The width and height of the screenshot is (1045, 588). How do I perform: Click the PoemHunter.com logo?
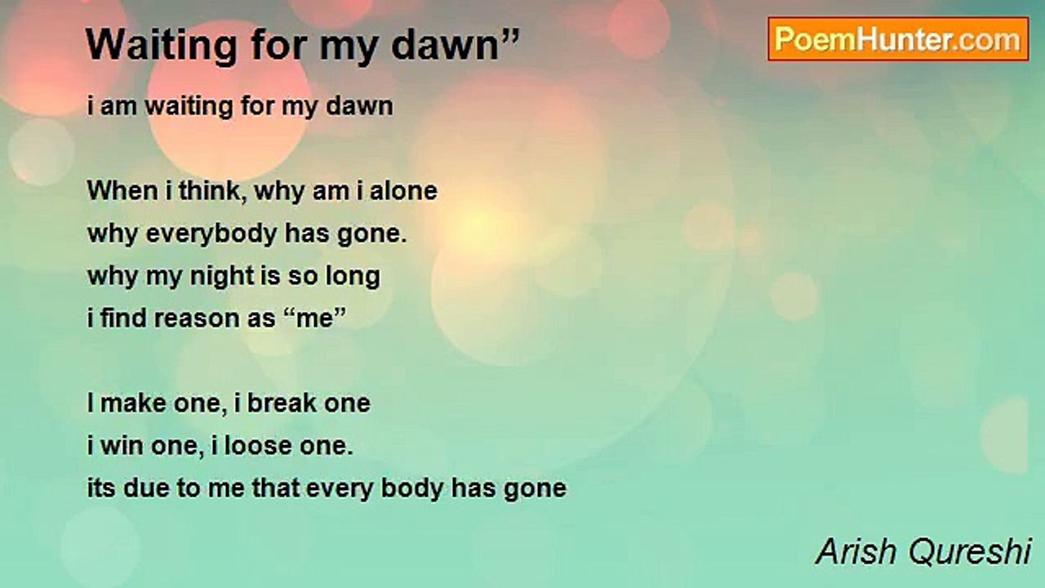pos(898,39)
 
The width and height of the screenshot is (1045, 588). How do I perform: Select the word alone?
pos(403,191)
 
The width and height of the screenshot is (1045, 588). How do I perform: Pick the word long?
pos(353,276)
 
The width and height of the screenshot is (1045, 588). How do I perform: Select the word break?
pos(281,403)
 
